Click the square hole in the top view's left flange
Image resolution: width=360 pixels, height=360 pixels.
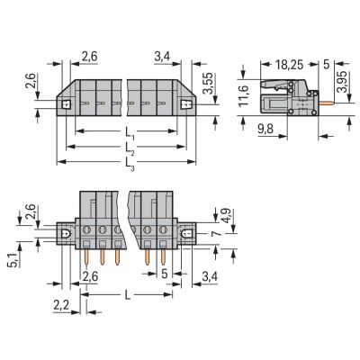(67, 103)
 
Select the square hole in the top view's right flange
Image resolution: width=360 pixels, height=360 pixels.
(186, 103)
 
